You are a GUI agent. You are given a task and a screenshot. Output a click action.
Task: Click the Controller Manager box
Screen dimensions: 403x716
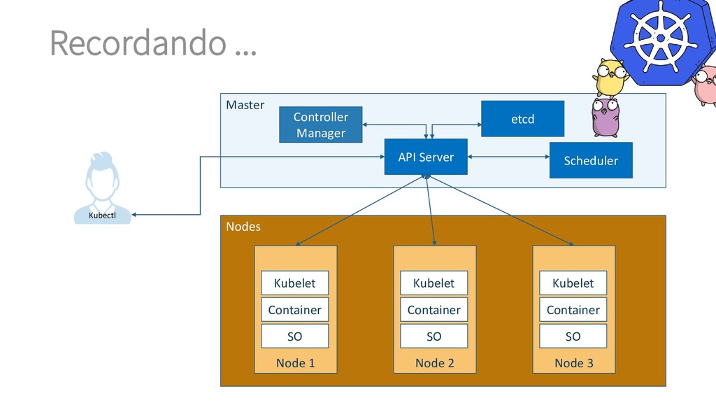click(320, 125)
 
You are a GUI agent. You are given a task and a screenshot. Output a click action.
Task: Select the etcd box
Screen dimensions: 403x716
click(522, 119)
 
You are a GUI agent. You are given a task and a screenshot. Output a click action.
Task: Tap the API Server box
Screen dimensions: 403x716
click(426, 157)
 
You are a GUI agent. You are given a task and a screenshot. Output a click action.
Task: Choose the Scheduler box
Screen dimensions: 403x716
click(591, 161)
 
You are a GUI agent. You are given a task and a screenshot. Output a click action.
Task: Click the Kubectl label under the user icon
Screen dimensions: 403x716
click(102, 215)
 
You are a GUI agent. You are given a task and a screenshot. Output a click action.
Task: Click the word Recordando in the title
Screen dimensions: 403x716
click(138, 43)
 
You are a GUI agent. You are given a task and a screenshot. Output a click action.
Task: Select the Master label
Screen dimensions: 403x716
click(245, 105)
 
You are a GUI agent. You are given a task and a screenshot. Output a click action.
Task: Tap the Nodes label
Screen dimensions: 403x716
click(243, 227)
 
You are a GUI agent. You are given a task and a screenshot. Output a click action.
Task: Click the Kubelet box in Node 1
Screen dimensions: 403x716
click(294, 283)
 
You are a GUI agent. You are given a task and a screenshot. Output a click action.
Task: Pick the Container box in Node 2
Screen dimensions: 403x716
click(434, 310)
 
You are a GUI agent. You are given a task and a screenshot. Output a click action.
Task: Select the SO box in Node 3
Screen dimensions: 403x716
click(573, 337)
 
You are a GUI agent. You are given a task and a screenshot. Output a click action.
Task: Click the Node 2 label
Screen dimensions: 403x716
click(434, 362)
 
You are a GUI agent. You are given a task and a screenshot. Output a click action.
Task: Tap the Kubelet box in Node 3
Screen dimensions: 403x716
click(573, 283)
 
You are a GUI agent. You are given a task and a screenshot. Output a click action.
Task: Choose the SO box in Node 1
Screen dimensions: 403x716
click(294, 337)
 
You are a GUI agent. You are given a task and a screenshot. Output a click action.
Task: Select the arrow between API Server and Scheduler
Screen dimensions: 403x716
click(508, 157)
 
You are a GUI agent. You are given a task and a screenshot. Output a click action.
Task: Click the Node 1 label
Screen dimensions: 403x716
click(295, 362)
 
